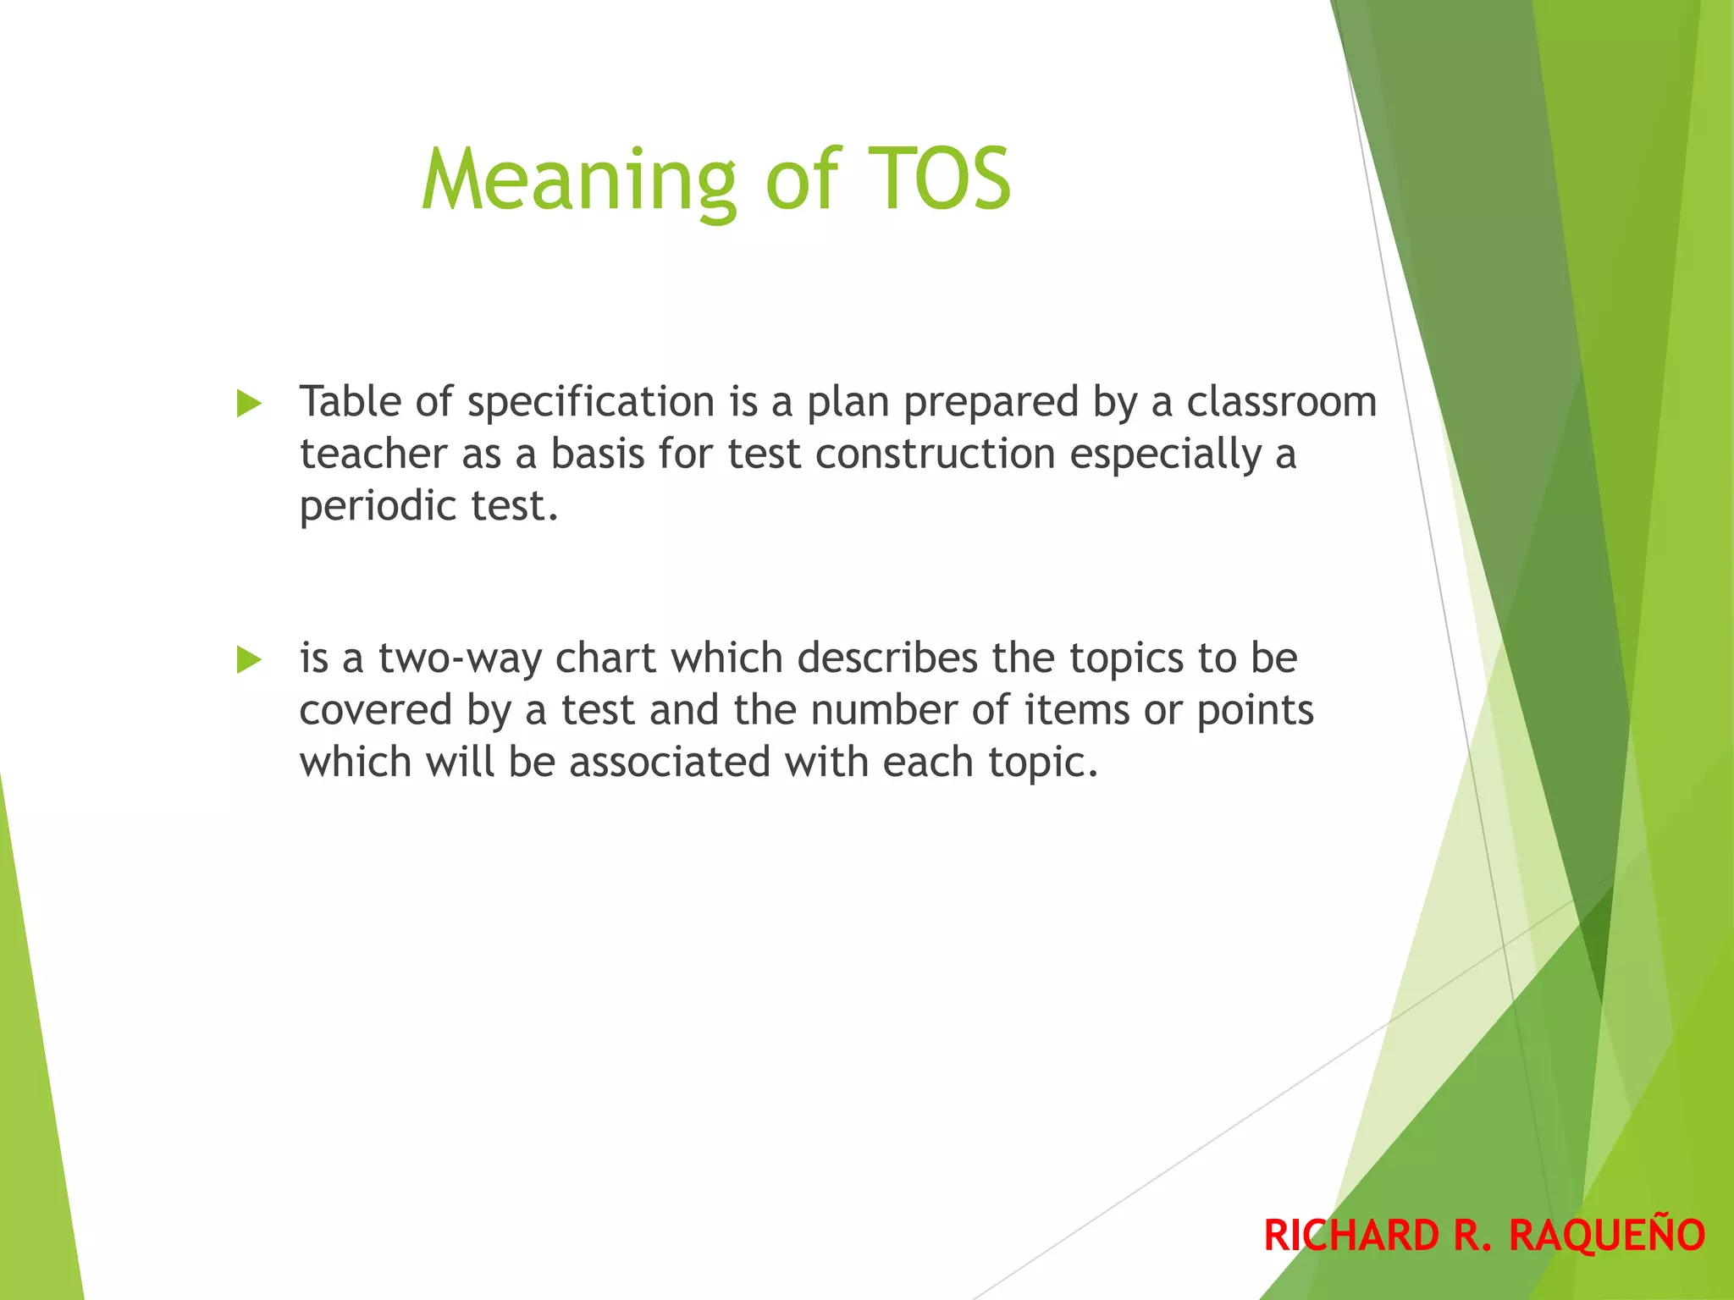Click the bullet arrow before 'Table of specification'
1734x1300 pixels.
click(249, 404)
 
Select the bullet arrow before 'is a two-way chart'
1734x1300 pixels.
click(249, 659)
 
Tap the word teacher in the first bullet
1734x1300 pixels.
click(373, 454)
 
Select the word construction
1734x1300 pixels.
click(935, 454)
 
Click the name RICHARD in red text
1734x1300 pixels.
click(1351, 1235)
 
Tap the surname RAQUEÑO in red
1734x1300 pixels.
click(1607, 1235)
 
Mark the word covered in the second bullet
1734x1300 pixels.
click(375, 711)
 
